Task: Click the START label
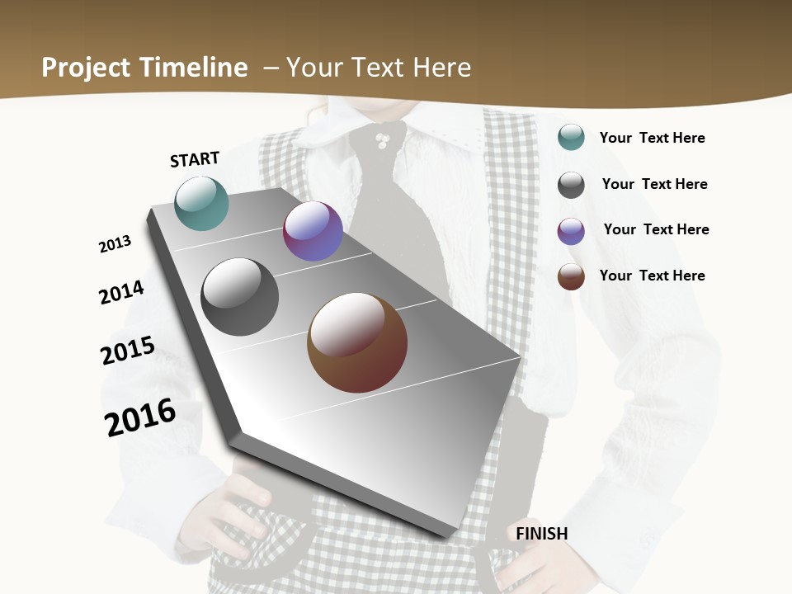coord(195,159)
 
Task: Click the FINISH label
coord(542,534)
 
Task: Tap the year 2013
coord(115,244)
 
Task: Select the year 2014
coord(121,292)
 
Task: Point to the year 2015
coord(128,351)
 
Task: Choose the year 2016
coord(140,417)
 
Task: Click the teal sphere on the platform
coord(202,203)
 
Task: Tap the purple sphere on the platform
coord(313,231)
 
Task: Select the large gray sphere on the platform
coord(240,297)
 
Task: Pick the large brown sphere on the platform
coord(357,342)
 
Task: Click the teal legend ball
coord(571,137)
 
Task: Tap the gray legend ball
coord(571,185)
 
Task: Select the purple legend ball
coord(571,231)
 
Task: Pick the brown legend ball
coord(571,276)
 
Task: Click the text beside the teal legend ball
coord(652,138)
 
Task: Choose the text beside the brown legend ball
coord(652,276)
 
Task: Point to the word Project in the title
coord(86,68)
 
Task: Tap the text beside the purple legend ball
coord(656,229)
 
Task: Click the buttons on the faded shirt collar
coord(381,139)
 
